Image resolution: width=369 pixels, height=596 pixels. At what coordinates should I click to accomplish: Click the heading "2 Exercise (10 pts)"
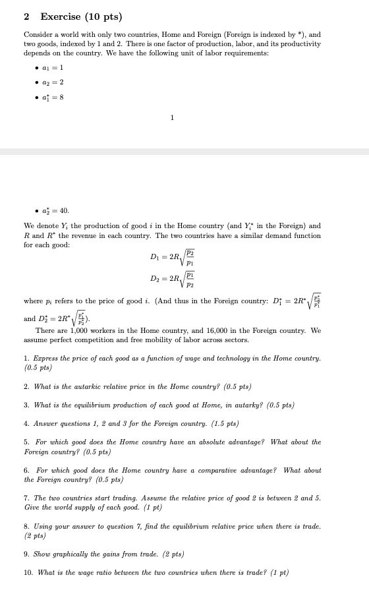[x=73, y=16]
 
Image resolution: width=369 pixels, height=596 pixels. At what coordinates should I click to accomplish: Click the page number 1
[x=172, y=118]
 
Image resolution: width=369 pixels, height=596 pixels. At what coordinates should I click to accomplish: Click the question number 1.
[x=26, y=358]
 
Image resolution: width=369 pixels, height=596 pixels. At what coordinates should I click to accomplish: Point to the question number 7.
[x=26, y=498]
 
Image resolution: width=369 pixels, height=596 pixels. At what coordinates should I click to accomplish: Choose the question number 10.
[x=28, y=572]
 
